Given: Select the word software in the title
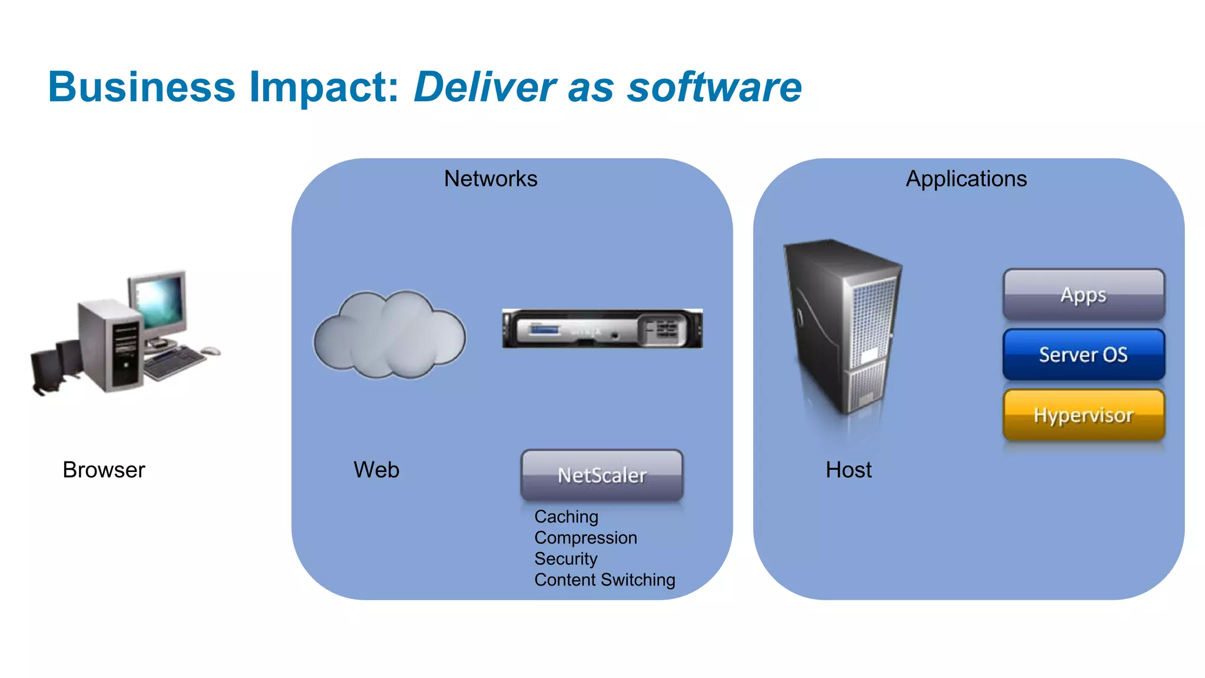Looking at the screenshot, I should coord(714,87).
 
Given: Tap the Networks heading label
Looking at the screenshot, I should coord(490,178).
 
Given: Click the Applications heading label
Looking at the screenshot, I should coord(966,178).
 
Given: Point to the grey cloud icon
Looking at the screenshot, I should coord(390,335).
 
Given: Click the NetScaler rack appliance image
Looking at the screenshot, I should coord(602,328).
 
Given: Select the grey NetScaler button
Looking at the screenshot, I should coord(602,475).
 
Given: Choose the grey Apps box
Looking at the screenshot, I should coord(1083,294).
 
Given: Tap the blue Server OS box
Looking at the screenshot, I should coord(1083,354).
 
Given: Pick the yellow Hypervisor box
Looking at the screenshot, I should coord(1083,415).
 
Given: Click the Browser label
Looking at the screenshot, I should coord(104,470).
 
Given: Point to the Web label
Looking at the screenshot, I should coord(376,470).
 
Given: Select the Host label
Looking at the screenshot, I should coord(848,470).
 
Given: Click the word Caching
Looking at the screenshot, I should coord(566,516).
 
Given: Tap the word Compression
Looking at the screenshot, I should coord(585,537).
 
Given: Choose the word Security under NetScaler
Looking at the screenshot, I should coord(565,559).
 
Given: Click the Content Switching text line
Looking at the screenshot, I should coord(604,580).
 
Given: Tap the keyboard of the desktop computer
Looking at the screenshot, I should coord(174,360).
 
